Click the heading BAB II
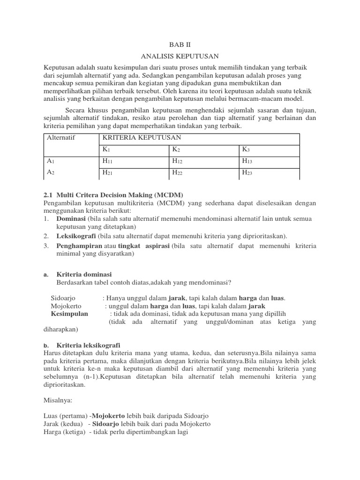[x=180, y=45]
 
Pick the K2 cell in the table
[x=176, y=150]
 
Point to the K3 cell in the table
[x=246, y=150]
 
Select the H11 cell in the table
[x=107, y=161]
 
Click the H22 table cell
[x=177, y=172]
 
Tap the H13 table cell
[x=247, y=161]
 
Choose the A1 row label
[x=51, y=161]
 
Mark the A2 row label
[x=51, y=172]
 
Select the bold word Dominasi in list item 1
[x=71, y=219]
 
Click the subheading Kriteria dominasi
[x=84, y=274]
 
